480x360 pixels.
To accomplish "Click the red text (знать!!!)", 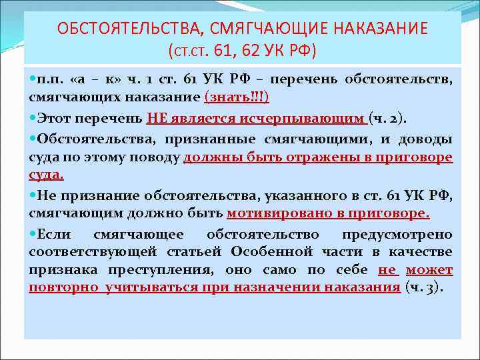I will [237, 97].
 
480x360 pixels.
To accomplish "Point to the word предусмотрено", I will [397, 235].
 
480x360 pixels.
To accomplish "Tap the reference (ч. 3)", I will [425, 288].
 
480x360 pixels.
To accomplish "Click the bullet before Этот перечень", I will [33, 119].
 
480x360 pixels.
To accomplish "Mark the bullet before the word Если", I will [33, 234].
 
